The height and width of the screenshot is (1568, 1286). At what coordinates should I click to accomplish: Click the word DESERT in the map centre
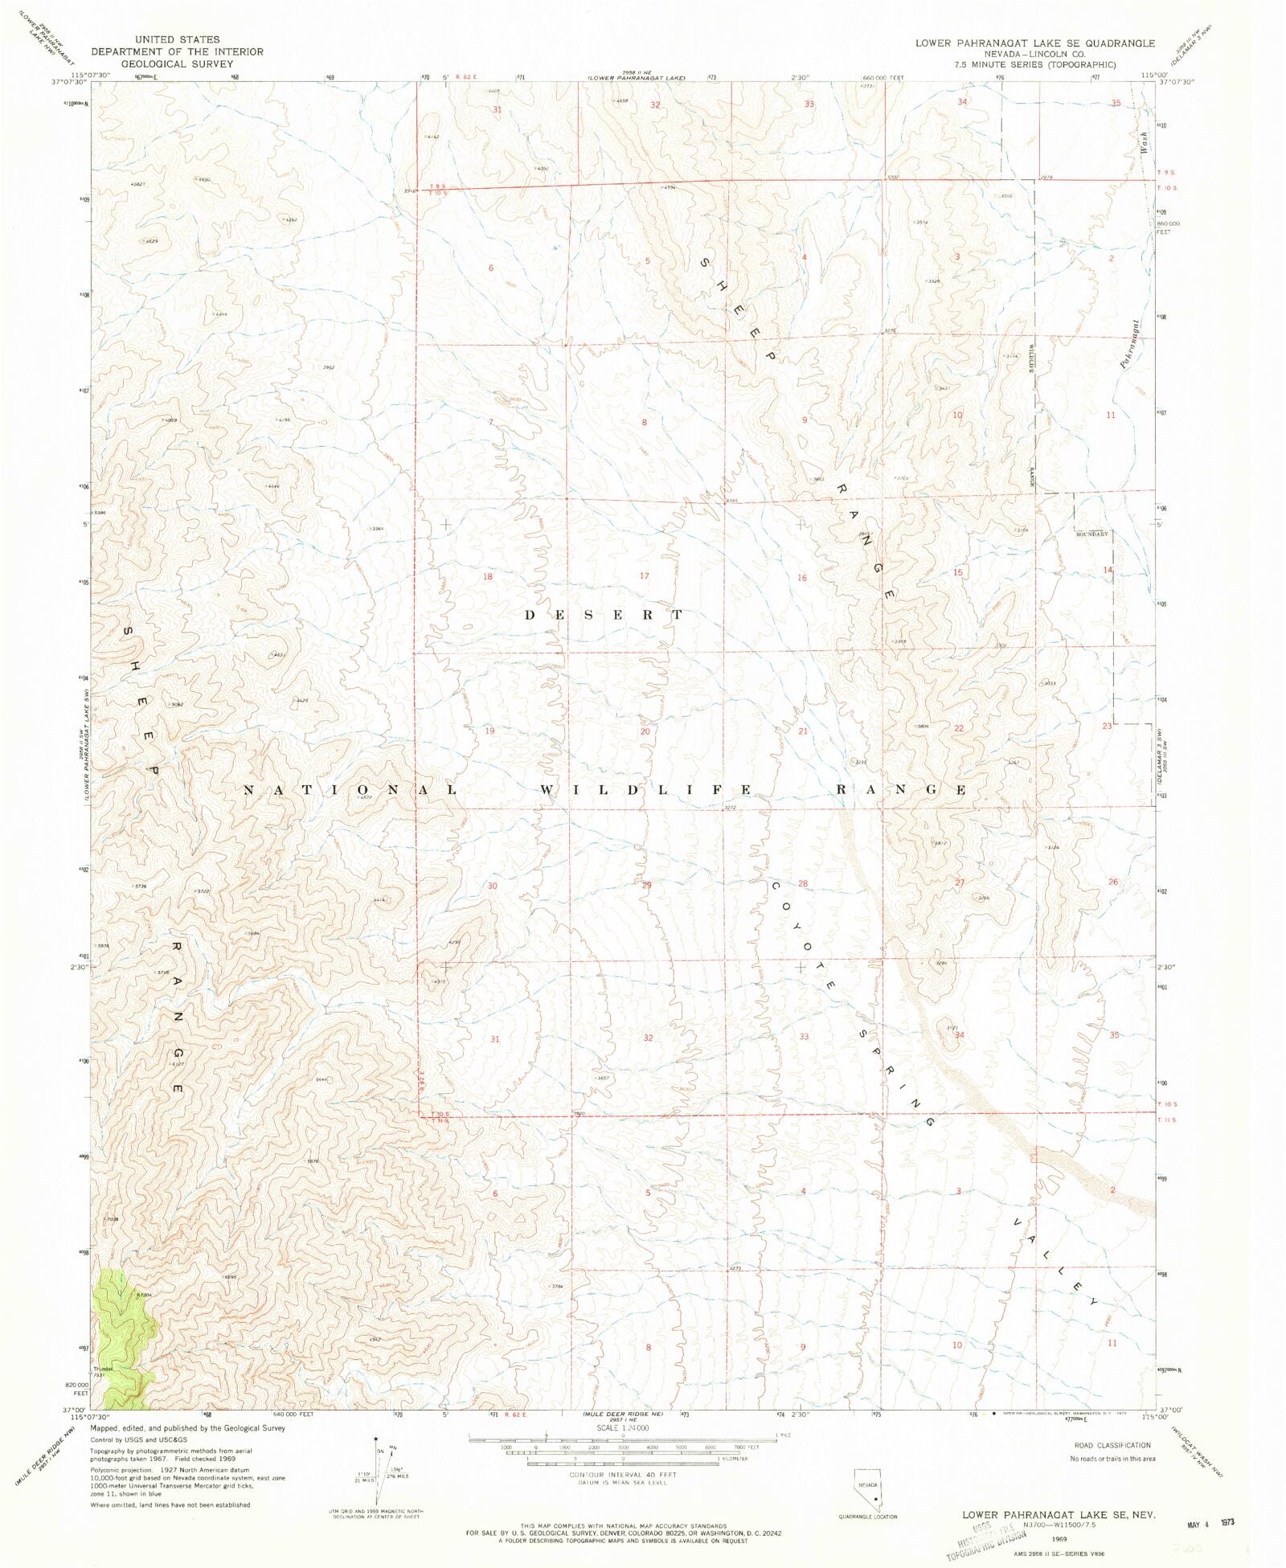tap(604, 615)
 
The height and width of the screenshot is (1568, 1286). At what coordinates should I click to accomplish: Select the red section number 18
tap(487, 576)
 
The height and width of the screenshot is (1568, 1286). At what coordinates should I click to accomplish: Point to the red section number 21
tap(802, 731)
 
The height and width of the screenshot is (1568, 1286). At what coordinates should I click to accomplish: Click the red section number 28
tap(802, 883)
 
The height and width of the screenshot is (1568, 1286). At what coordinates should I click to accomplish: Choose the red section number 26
tap(1113, 882)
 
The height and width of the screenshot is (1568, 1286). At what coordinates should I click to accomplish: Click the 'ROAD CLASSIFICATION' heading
tap(1112, 1445)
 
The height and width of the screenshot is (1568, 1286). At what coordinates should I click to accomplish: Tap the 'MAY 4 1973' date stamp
tap(1209, 1522)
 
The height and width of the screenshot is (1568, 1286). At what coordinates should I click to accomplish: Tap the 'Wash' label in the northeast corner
tap(1143, 142)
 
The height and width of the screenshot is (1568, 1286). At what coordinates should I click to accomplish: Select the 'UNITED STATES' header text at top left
tap(177, 39)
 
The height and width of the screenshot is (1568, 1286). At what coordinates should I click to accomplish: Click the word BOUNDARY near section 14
tap(1091, 534)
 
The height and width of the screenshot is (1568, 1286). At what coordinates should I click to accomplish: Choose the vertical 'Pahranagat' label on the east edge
tap(1130, 344)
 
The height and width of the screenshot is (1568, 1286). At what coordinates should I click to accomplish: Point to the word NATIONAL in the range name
tap(350, 790)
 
